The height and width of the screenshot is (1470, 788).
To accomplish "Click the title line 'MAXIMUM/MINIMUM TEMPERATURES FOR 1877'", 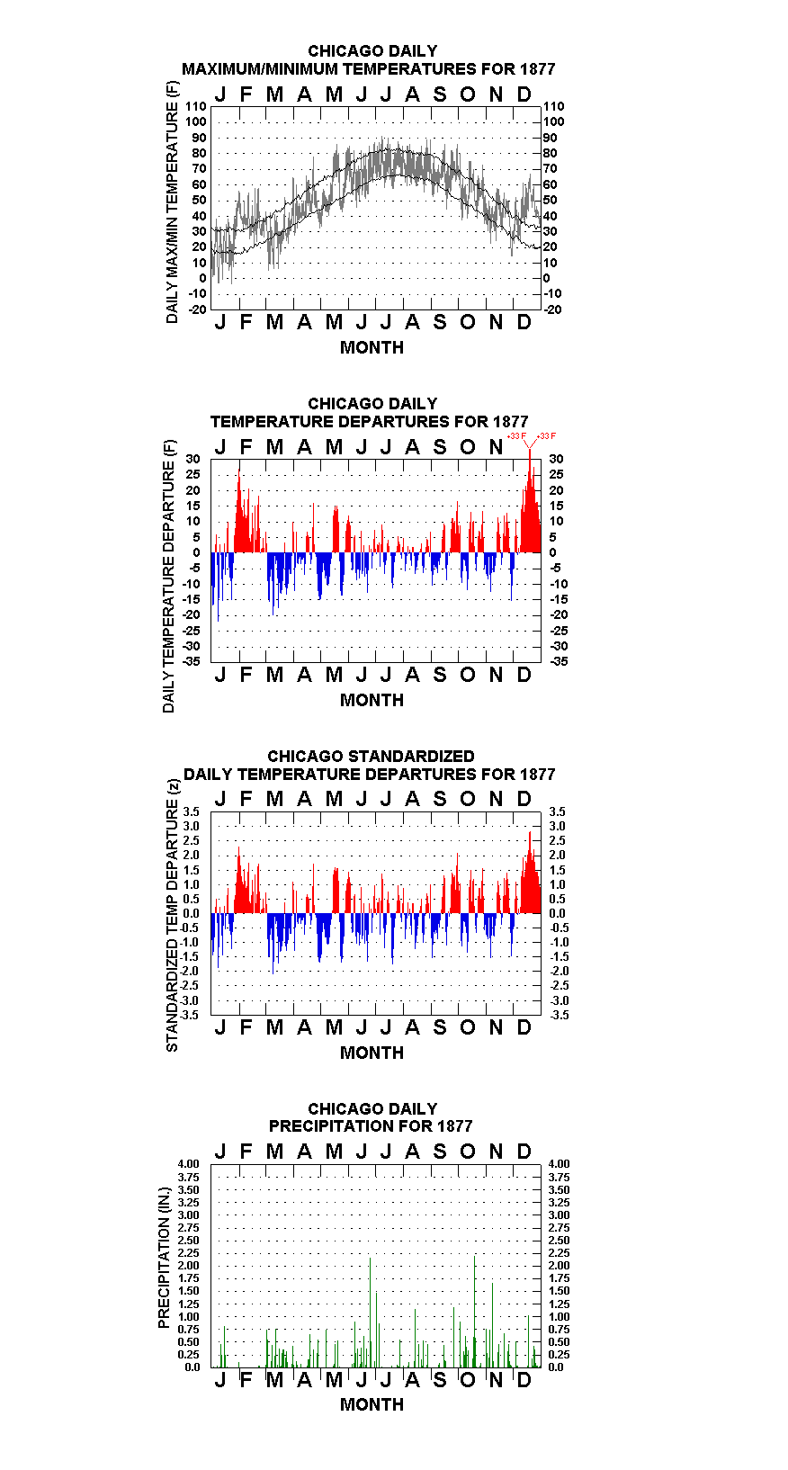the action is click(x=368, y=69).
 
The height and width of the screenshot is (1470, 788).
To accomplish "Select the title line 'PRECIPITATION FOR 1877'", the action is click(x=371, y=1126).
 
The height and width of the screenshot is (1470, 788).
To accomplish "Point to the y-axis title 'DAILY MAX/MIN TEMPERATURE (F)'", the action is click(x=172, y=202).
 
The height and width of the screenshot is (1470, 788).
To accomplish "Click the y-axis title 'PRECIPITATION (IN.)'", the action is click(x=164, y=1258).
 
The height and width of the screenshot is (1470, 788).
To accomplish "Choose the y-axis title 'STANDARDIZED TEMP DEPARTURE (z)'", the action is click(x=172, y=916).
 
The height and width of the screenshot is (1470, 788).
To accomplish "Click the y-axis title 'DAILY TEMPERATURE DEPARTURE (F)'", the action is click(x=168, y=576).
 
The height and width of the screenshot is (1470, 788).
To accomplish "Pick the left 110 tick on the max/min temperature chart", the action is click(x=196, y=106).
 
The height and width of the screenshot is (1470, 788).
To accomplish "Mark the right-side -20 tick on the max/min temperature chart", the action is click(x=552, y=309).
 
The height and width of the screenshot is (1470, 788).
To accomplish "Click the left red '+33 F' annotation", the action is click(x=516, y=436).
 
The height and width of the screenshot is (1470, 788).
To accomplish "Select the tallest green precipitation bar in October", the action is click(x=474, y=1311).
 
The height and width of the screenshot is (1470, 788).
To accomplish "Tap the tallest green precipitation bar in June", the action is click(x=370, y=1313).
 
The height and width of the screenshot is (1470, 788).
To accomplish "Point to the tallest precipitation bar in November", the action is click(x=492, y=1325).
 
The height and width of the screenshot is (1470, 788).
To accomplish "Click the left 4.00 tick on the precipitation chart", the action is click(x=189, y=1164).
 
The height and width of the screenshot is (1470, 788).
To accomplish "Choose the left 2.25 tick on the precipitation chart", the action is click(x=189, y=1253).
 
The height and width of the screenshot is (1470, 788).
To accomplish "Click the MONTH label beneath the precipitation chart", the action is click(x=372, y=1404).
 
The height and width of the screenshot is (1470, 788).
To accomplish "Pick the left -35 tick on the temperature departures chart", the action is click(x=192, y=661).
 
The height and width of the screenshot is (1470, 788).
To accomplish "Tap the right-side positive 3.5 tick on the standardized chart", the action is click(x=557, y=812).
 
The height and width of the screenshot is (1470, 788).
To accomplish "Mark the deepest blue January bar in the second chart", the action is click(x=218, y=587).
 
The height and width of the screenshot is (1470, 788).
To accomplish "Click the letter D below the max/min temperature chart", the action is click(x=524, y=322).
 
